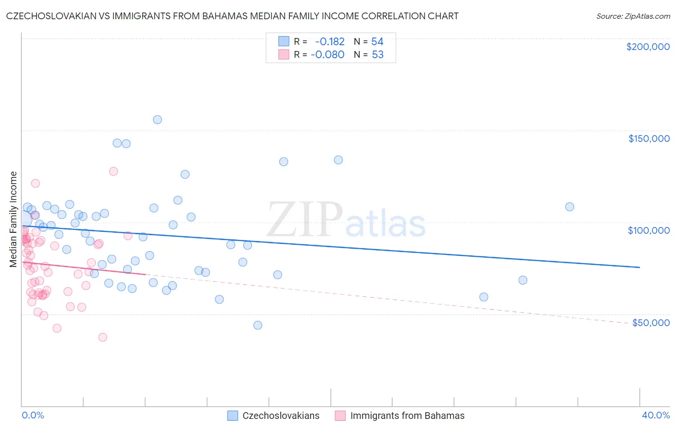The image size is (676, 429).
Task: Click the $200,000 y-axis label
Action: [x=648, y=47]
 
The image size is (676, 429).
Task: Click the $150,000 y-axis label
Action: [x=649, y=139]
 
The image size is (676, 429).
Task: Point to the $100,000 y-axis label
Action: [x=649, y=230]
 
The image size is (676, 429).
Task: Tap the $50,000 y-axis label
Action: [x=651, y=322]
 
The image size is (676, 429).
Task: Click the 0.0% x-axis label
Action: [x=33, y=415]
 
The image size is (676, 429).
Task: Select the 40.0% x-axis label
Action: [x=655, y=415]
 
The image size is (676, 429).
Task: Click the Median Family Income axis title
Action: [x=13, y=219]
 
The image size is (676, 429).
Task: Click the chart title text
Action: [x=232, y=16]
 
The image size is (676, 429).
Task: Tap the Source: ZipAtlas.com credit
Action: [x=633, y=16]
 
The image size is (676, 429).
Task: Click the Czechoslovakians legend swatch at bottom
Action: [x=233, y=416]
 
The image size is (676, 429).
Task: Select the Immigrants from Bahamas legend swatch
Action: [x=340, y=416]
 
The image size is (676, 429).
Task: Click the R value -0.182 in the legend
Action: [x=329, y=42]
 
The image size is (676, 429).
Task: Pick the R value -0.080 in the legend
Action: [x=327, y=55]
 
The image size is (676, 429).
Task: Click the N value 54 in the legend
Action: [x=377, y=42]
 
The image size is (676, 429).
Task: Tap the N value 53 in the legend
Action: [x=377, y=55]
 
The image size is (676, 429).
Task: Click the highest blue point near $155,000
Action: [x=157, y=120]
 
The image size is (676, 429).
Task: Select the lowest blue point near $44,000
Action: [x=258, y=325]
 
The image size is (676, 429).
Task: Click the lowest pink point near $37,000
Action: [x=102, y=337]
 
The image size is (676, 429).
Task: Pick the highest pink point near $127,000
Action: [x=113, y=171]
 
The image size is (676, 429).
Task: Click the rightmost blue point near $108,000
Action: [x=570, y=207]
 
